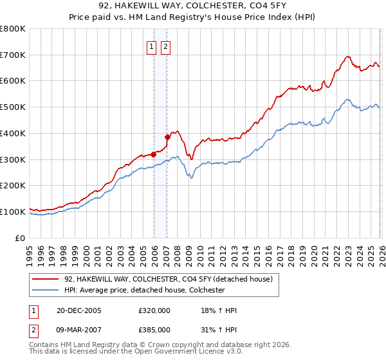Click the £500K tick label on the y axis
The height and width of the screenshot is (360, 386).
tap(13, 107)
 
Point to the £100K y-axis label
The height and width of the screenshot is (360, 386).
tap(13, 212)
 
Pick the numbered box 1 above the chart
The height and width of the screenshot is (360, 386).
tap(151, 46)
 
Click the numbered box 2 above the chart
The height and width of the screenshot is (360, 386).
tap(165, 46)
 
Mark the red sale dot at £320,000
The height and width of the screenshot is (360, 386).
tap(154, 154)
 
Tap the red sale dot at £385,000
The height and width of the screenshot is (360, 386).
tap(167, 137)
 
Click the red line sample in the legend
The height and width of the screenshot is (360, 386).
tap(46, 279)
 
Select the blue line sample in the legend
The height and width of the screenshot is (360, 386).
tap(46, 290)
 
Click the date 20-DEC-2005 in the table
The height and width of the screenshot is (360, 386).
tap(78, 310)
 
